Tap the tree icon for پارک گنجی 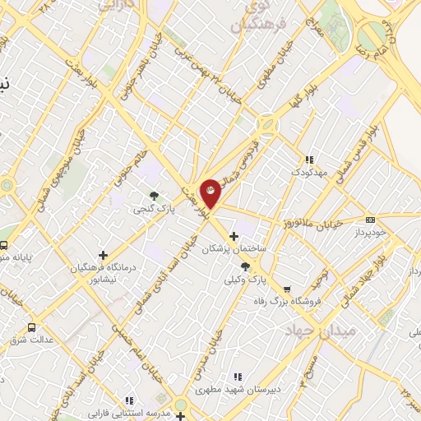click(154, 195)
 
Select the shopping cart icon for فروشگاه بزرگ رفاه click(286, 289)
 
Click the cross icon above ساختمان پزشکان click(234, 236)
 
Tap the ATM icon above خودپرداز click(371, 220)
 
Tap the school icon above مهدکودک click(309, 160)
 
